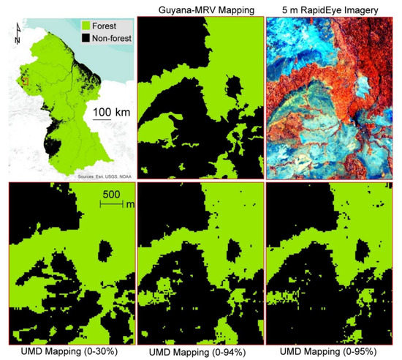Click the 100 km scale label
click(x=112, y=110)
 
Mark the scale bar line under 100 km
click(x=112, y=121)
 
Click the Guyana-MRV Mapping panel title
click(x=200, y=9)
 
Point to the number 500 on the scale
click(x=110, y=195)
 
